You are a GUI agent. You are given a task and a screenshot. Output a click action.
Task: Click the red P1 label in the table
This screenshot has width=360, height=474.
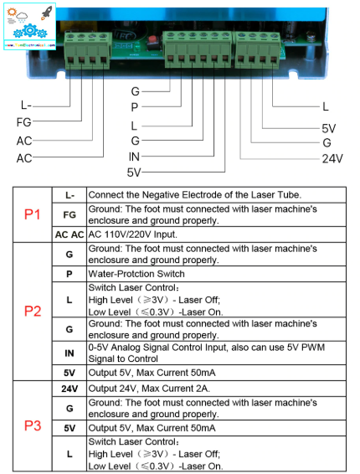point(32,214)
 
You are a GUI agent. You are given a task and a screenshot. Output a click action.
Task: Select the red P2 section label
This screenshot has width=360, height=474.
point(32,312)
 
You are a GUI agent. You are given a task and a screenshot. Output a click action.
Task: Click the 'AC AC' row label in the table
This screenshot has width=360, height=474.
point(69,235)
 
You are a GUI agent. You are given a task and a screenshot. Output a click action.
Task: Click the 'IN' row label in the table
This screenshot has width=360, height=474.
point(69,353)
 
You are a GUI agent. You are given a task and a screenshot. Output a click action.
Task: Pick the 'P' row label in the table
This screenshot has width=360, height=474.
point(69,274)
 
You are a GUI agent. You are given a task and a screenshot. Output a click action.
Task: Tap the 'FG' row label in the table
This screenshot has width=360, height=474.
point(69,214)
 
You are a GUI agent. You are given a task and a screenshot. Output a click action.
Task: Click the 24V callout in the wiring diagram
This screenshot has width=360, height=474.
point(332,157)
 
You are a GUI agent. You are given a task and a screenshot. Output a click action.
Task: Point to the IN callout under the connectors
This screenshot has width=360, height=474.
point(134,157)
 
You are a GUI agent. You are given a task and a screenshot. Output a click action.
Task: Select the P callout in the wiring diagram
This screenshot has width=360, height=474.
point(134,107)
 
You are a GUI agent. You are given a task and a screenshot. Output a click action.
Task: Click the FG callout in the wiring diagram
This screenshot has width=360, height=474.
point(24,123)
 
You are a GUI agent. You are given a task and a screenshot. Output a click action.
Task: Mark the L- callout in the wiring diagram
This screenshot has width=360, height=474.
point(26,106)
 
